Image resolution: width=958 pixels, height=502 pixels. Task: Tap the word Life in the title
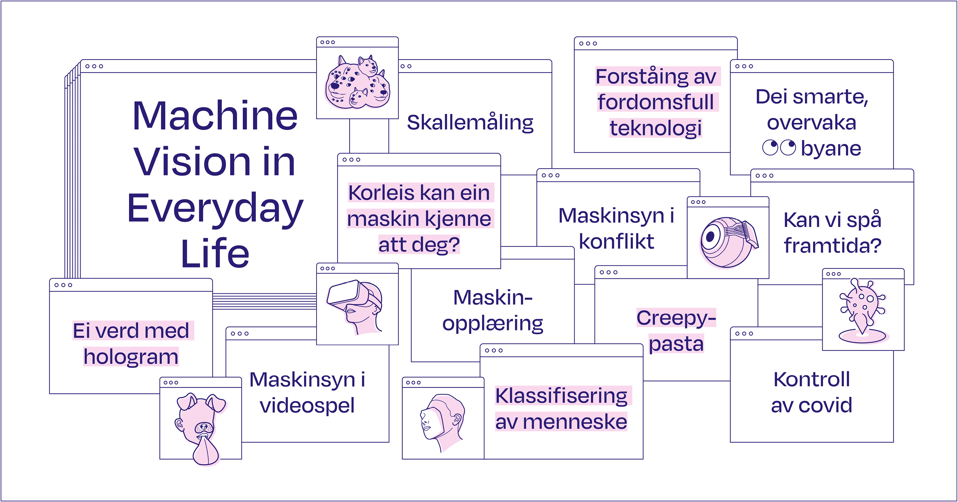click(215, 254)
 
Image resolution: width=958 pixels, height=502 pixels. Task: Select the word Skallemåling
click(470, 123)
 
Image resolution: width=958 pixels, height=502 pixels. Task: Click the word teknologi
click(655, 129)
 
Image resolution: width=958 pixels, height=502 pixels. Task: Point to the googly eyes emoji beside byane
click(779, 148)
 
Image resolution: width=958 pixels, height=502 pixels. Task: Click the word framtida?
click(832, 246)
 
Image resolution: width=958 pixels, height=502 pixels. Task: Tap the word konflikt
click(616, 242)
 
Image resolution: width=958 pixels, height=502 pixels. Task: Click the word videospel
click(307, 406)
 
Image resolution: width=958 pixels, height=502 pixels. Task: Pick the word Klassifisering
click(561, 396)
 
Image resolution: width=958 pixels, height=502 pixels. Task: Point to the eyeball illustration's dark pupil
click(710, 236)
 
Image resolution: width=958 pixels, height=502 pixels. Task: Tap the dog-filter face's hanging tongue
click(206, 451)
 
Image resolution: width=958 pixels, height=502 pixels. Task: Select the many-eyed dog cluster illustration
click(357, 83)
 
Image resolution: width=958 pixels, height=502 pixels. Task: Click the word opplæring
click(492, 323)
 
